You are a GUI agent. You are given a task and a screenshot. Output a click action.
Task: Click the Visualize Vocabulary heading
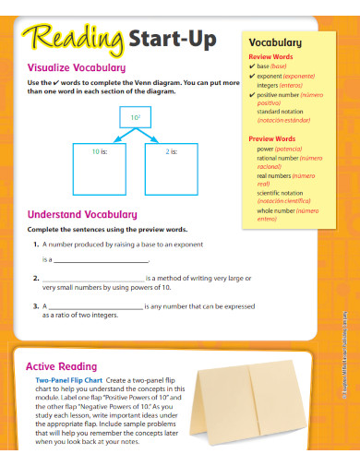coord(77,67)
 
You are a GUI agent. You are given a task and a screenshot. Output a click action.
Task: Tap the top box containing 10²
coord(135,118)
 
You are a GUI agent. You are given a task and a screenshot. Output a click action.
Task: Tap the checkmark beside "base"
coord(252,67)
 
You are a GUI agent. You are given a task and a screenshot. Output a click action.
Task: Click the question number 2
coord(34,278)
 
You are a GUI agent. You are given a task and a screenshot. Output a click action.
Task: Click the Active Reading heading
coord(66,366)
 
